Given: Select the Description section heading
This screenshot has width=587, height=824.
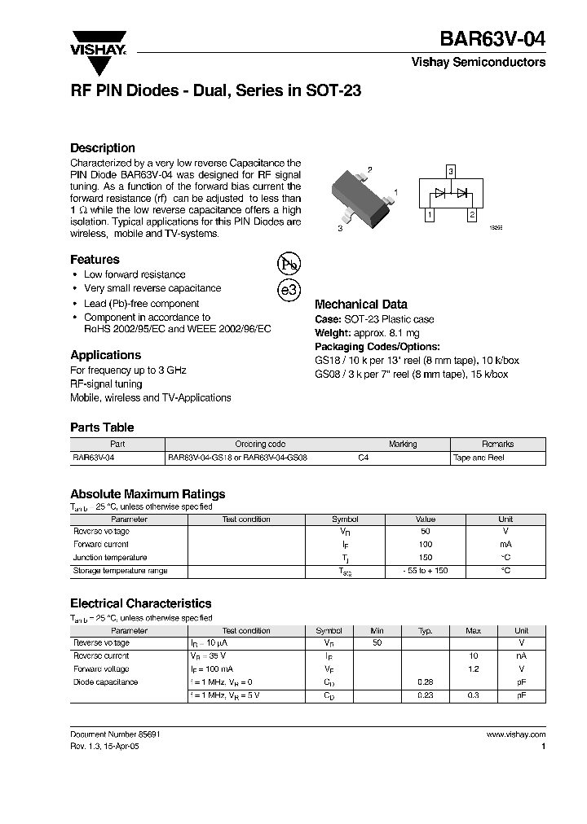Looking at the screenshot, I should (x=103, y=148).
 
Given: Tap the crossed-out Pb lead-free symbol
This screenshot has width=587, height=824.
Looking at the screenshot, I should (x=289, y=264).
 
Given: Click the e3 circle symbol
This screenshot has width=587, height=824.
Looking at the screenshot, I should (x=289, y=291).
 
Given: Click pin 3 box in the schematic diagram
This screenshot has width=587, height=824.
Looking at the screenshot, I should (x=450, y=172).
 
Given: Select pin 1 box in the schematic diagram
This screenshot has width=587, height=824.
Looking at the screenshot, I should (x=429, y=215).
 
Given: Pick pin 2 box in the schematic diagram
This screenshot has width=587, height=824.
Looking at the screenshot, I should (x=471, y=215).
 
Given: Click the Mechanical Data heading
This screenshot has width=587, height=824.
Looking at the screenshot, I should (x=360, y=305).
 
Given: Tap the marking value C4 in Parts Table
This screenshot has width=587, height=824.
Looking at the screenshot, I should (x=364, y=458).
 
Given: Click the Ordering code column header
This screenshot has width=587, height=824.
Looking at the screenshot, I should (x=260, y=445).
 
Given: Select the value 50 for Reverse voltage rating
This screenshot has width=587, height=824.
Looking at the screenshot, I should (x=426, y=531).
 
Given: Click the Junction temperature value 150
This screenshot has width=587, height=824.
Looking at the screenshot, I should (x=426, y=558).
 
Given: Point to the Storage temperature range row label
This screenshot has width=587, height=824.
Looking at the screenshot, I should (x=120, y=571).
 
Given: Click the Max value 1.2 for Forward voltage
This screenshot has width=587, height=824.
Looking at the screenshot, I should (x=473, y=669).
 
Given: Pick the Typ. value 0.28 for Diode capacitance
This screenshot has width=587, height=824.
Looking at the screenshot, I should (x=425, y=682).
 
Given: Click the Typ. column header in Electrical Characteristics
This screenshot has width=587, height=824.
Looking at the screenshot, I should (x=425, y=631).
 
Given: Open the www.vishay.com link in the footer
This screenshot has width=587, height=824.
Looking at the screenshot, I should (x=516, y=734).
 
